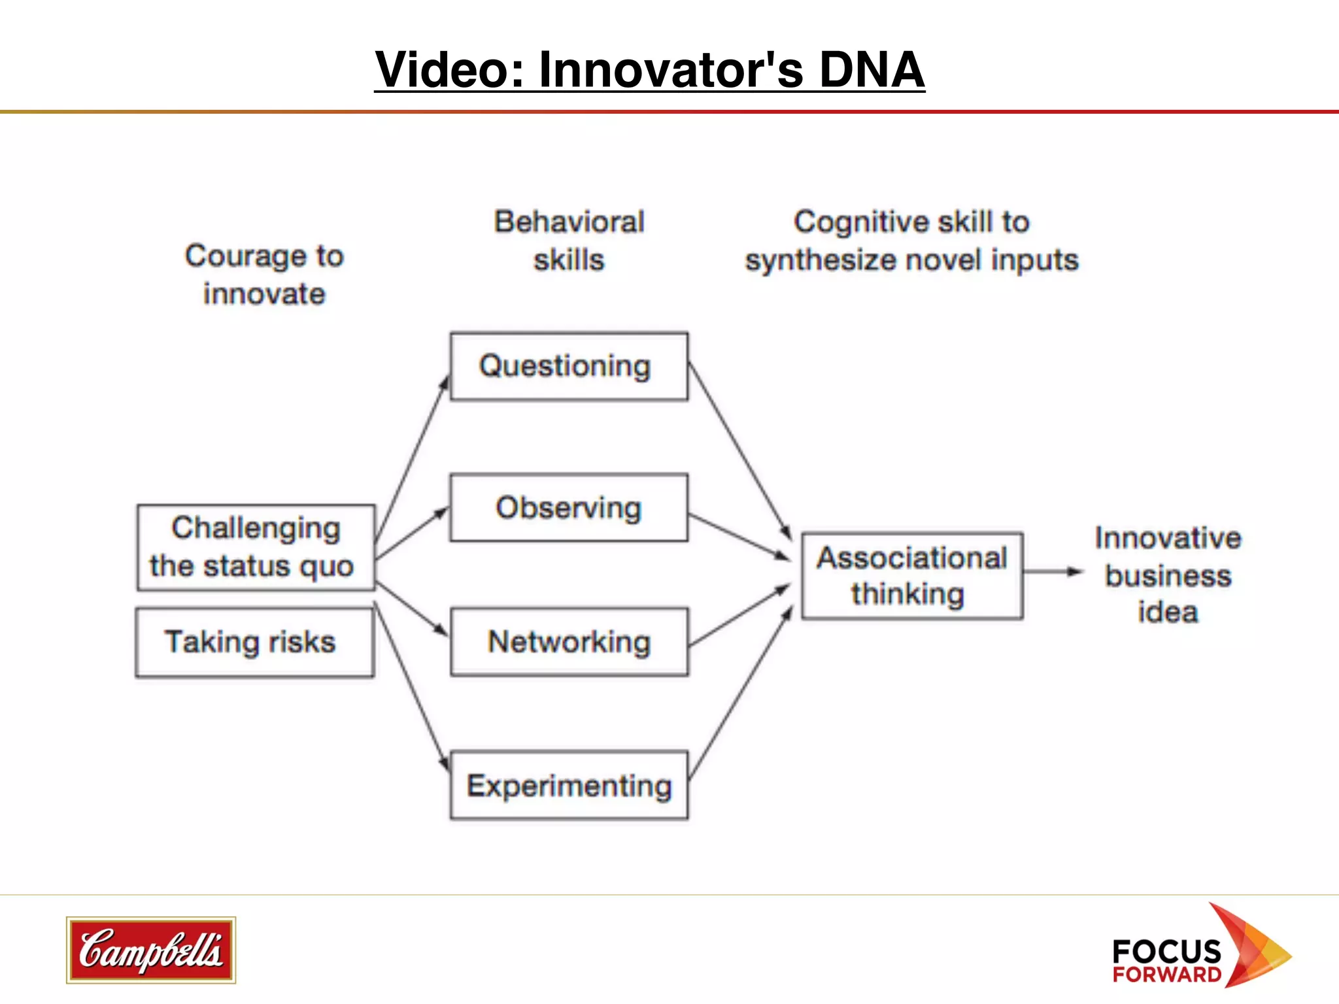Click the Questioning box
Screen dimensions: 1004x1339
point(569,367)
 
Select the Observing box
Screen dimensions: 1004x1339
point(569,508)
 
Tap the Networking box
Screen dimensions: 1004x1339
point(569,642)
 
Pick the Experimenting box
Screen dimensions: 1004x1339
point(569,785)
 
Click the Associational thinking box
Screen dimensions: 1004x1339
point(912,576)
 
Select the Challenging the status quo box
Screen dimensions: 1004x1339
point(256,547)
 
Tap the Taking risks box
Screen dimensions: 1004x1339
point(254,642)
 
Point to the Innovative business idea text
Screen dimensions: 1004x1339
point(1168,575)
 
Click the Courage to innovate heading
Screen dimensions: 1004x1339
point(264,275)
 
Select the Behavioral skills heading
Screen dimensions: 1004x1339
point(569,241)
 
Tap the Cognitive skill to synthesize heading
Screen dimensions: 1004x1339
point(912,241)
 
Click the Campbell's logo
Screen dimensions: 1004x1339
point(151,950)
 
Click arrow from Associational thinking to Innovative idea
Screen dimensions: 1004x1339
point(1053,571)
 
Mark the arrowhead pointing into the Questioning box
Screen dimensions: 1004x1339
point(445,382)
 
